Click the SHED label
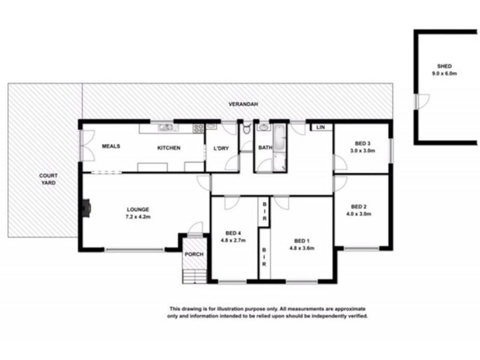pos(444,66)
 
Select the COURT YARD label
pos(48,179)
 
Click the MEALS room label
pos(112,146)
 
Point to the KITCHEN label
pos(169,148)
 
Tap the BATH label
pos(265,148)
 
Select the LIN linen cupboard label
pos(320,127)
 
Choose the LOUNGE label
pos(137,209)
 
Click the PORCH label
pos(194,254)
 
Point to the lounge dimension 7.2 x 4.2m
pos(137,217)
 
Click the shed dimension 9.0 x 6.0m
pos(444,73)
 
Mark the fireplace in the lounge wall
pos(86,208)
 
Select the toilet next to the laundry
pos(246,128)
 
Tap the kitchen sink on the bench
pos(163,127)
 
